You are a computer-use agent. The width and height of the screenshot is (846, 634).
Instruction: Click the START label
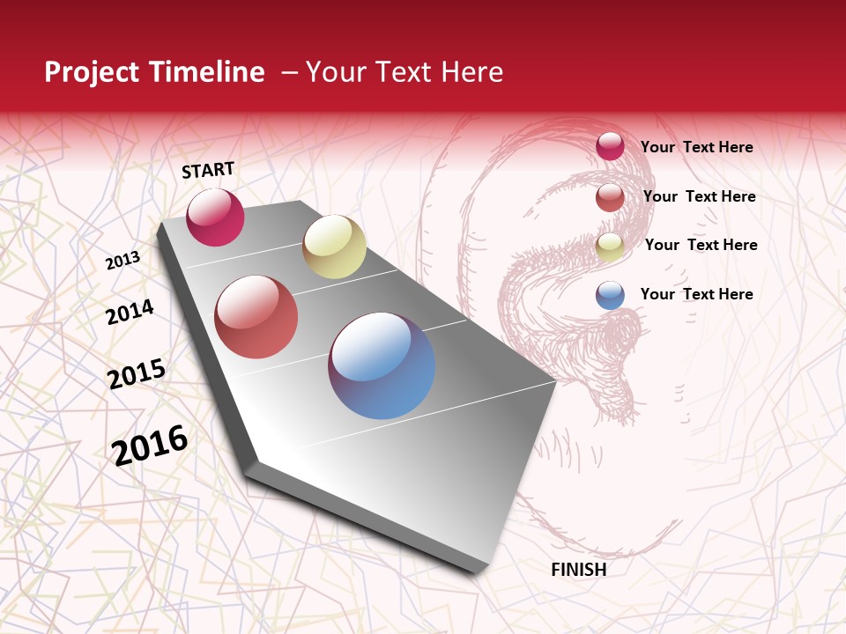pyautogui.click(x=208, y=170)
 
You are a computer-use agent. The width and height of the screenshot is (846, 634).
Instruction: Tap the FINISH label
pyautogui.click(x=578, y=570)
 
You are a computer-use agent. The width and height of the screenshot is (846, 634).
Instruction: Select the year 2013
pyautogui.click(x=123, y=260)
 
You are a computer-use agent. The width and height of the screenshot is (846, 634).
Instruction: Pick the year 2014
pyautogui.click(x=130, y=312)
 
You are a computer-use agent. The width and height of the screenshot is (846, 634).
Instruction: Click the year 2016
pyautogui.click(x=150, y=445)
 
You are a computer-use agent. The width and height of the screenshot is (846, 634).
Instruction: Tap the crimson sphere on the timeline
pyautogui.click(x=215, y=217)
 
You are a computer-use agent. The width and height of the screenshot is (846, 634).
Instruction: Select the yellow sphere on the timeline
pyautogui.click(x=334, y=247)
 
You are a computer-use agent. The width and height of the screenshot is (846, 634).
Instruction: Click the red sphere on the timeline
pyautogui.click(x=256, y=317)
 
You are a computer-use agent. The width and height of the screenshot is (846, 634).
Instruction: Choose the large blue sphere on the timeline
pyautogui.click(x=382, y=365)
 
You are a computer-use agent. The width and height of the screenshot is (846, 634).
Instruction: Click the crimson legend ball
pyautogui.click(x=610, y=146)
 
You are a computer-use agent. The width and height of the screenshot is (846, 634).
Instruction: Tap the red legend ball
pyautogui.click(x=610, y=197)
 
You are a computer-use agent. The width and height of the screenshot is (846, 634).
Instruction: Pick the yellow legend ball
pyautogui.click(x=610, y=247)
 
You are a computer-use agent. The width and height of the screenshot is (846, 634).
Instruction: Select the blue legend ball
pyautogui.click(x=610, y=295)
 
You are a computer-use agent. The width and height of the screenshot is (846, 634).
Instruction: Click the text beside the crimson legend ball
pyautogui.click(x=696, y=147)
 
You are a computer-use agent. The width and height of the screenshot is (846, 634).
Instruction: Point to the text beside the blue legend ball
pyautogui.click(x=696, y=294)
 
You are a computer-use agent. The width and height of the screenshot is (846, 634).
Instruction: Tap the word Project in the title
pyautogui.click(x=93, y=72)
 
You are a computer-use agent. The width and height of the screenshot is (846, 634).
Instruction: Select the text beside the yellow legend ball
pyautogui.click(x=701, y=245)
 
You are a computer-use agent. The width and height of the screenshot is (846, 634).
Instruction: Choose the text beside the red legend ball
pyautogui.click(x=699, y=196)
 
